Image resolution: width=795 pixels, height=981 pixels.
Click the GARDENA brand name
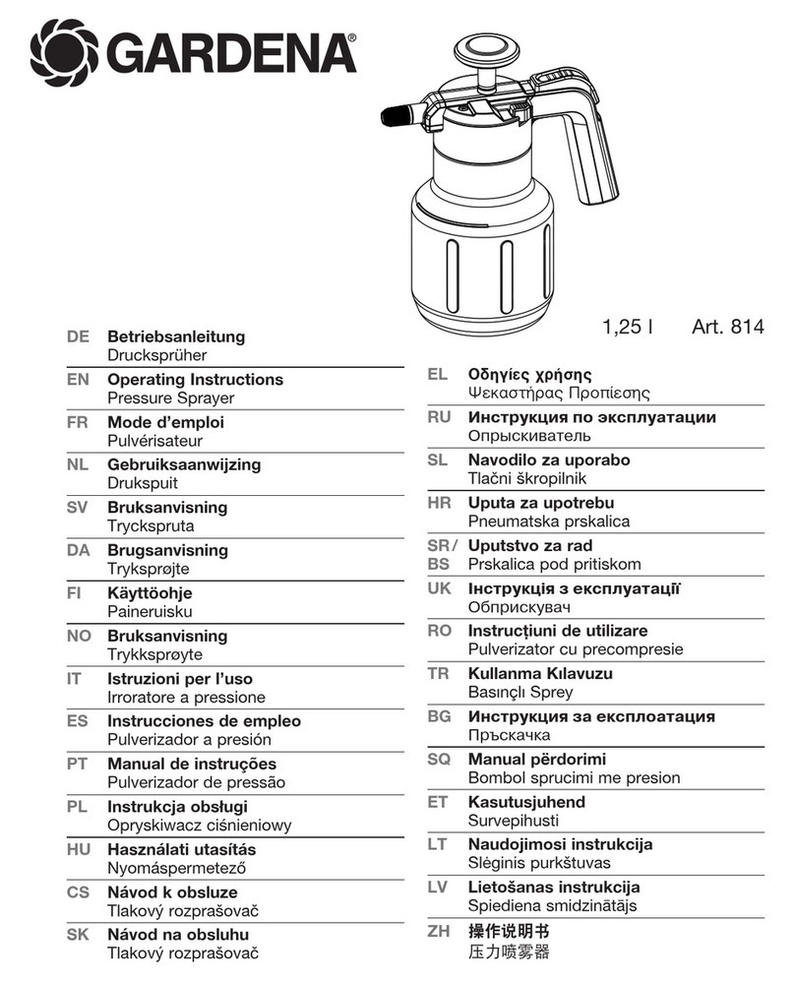point(229,54)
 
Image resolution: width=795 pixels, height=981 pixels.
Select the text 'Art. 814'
point(727,328)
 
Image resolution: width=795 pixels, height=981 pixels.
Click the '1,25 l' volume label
point(627,328)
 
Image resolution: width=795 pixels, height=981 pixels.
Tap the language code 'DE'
point(78,337)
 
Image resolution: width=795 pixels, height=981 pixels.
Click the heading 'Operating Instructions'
point(195,380)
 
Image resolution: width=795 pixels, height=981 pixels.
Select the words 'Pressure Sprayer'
point(170,399)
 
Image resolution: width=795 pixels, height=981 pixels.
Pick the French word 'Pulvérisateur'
point(154,442)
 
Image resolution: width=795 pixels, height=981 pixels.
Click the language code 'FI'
point(75,593)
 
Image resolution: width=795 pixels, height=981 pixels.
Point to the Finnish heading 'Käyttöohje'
point(150,593)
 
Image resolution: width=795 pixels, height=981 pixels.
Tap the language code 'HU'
point(78,849)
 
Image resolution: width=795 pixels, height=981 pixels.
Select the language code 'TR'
point(438,674)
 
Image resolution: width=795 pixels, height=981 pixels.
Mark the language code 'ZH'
point(439,931)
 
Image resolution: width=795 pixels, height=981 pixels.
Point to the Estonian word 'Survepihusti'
point(514,821)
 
